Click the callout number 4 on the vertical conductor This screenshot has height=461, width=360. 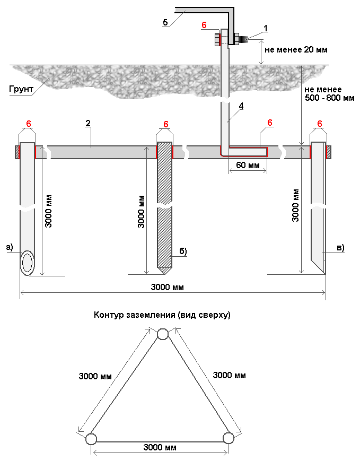tap(241, 106)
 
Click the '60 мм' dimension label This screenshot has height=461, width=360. tap(248, 165)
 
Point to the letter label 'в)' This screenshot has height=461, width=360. tap(340, 247)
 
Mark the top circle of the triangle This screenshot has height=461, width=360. tap(163, 334)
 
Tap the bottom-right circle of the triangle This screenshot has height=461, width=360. tap(229, 438)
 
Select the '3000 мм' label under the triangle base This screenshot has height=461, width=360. tap(160, 448)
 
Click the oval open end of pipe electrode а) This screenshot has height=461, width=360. tap(28, 264)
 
